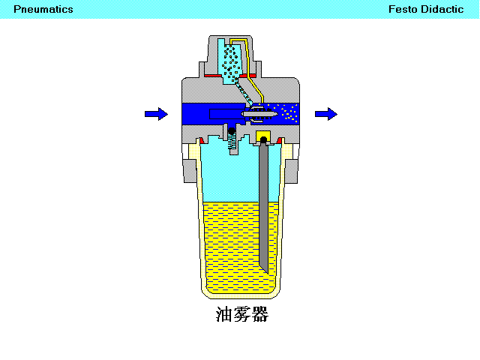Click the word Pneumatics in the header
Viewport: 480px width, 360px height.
(x=43, y=10)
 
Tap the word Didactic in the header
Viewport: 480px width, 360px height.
(x=442, y=9)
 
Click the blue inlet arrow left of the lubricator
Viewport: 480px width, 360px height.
(x=156, y=114)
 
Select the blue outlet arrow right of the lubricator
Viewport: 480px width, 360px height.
(x=326, y=114)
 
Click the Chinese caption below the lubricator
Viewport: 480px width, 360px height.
(x=242, y=314)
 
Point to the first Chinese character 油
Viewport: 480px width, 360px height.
(x=224, y=314)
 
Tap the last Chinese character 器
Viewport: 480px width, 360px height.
(x=260, y=314)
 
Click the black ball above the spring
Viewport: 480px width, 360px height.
(x=232, y=131)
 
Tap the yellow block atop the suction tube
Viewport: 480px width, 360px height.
(x=263, y=135)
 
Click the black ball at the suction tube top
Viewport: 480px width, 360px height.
(x=263, y=140)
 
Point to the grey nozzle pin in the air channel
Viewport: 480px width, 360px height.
(x=259, y=114)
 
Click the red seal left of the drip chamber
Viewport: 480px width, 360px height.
(x=213, y=76)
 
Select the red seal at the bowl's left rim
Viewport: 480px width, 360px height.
(x=202, y=141)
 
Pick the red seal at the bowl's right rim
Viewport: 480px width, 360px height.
(x=279, y=141)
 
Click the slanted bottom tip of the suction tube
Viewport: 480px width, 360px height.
(x=265, y=271)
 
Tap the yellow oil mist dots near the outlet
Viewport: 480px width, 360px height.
(x=286, y=112)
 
